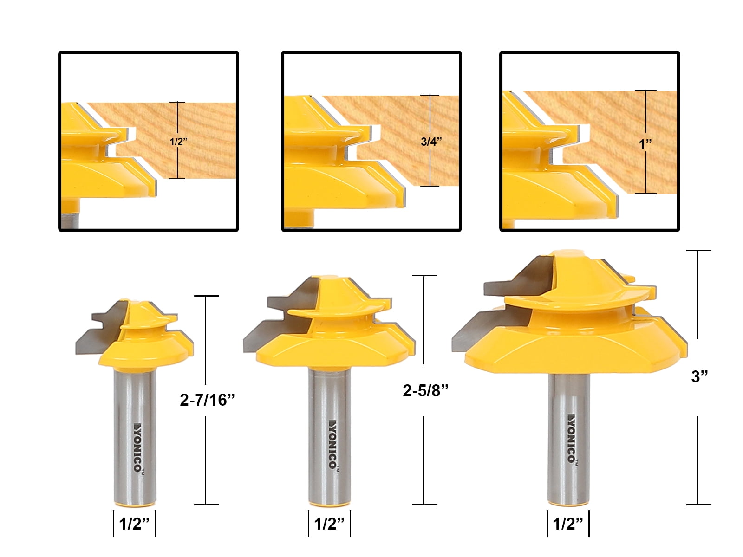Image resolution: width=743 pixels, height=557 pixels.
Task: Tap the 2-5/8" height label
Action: pos(425,390)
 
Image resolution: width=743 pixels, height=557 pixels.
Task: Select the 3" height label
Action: pos(699,376)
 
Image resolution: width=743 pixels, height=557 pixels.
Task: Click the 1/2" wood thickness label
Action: pos(179,141)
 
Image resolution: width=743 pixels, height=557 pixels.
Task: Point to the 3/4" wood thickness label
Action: pos(431,141)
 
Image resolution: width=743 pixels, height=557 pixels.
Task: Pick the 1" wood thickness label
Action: pos(645,144)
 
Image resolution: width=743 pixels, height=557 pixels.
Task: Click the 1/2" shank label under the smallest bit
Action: pos(134,524)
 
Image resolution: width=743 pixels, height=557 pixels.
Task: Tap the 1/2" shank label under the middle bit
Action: pos(329,524)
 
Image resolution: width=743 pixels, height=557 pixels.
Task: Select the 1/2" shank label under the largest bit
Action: pos(568,524)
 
